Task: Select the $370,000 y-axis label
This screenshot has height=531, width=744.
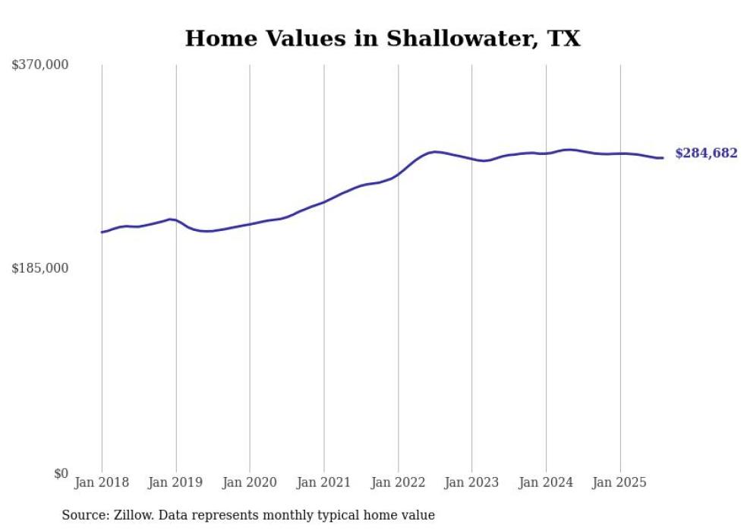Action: [x=40, y=65]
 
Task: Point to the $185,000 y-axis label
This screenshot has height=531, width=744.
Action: [x=40, y=268]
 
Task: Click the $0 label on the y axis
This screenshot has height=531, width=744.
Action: [x=61, y=473]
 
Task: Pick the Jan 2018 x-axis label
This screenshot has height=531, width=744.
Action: [x=102, y=482]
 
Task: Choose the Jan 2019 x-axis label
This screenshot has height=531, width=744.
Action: [x=176, y=482]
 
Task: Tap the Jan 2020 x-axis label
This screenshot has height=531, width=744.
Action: [x=250, y=482]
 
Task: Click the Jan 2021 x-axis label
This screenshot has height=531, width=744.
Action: [x=324, y=482]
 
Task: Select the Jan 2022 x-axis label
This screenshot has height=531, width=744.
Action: [x=398, y=482]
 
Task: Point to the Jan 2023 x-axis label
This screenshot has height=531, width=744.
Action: [x=472, y=482]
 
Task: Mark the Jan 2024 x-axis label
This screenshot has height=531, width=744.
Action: [x=546, y=482]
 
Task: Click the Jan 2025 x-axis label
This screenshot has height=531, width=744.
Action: [x=620, y=482]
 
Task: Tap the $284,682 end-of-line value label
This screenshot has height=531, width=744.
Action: [x=706, y=153]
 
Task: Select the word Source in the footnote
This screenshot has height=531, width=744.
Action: [x=84, y=515]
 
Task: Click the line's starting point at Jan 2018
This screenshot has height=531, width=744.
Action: [x=102, y=232]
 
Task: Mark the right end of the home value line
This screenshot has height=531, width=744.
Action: [x=663, y=158]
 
